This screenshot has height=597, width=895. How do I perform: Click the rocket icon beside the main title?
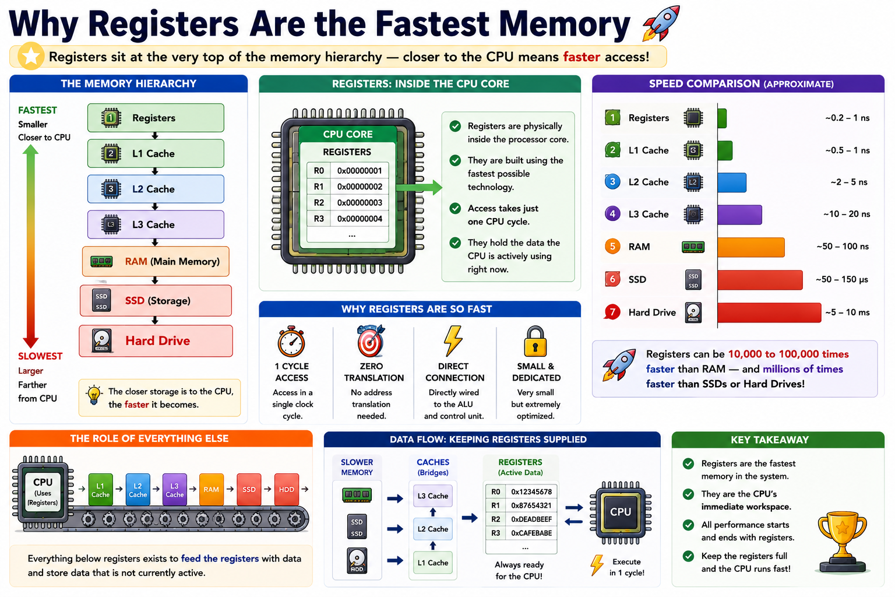point(661,23)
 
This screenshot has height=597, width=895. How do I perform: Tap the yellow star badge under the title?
point(31,56)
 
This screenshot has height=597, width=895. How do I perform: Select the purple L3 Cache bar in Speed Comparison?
point(739,215)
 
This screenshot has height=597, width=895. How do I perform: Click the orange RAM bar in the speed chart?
point(750,247)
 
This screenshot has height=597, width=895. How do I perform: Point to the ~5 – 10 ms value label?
point(847,312)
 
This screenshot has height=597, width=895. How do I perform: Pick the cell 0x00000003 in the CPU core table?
point(360,203)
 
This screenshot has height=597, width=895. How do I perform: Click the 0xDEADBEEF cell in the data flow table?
point(531,519)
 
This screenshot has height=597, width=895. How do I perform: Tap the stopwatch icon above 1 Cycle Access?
point(291,341)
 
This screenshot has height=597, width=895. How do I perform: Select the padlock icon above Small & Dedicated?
point(535,341)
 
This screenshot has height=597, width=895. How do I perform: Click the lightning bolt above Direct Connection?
point(453,340)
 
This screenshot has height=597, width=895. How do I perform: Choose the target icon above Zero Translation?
point(371,340)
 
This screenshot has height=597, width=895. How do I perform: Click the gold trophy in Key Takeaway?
point(842,542)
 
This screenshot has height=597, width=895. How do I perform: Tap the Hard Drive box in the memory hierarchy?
point(156,340)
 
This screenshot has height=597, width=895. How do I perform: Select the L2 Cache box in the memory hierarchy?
point(156,189)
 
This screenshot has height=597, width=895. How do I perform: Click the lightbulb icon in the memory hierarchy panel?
point(94,395)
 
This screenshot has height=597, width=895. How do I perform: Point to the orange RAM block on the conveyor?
point(212,490)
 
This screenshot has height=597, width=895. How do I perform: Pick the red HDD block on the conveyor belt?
point(287,490)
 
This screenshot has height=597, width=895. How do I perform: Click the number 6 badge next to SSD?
point(612,279)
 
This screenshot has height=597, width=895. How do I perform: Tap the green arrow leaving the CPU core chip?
point(419,187)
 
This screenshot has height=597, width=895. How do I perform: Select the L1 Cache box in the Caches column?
point(433,563)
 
